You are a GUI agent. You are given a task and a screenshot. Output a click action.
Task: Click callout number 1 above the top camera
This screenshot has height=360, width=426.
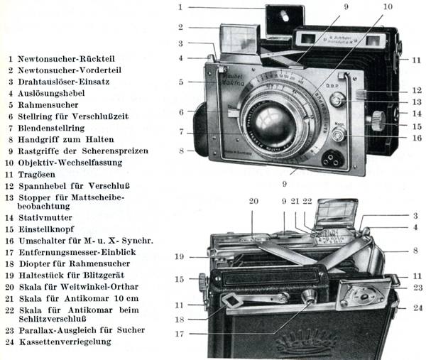(181, 7)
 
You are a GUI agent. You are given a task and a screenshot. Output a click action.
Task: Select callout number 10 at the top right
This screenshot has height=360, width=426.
(388, 6)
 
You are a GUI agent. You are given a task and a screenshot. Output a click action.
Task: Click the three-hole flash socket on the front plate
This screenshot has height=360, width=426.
(330, 158)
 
